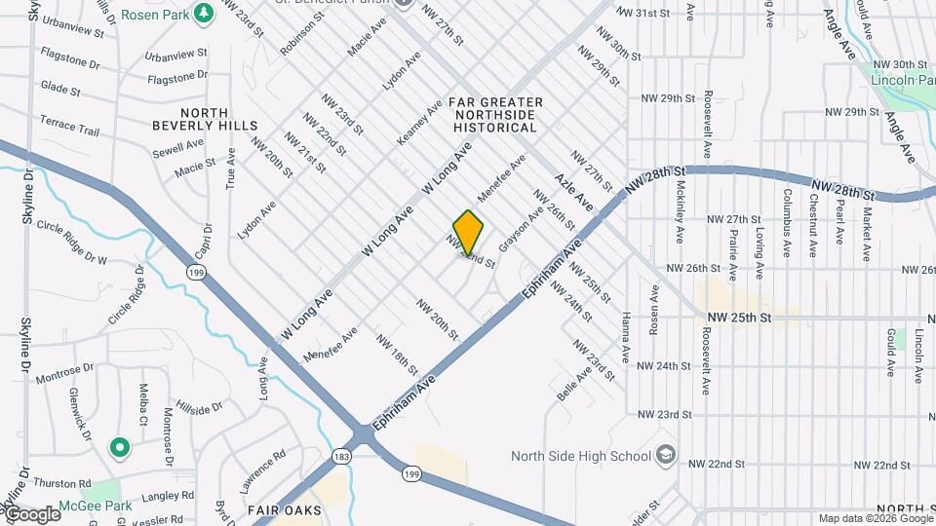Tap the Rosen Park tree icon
click(204, 15)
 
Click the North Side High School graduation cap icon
click(665, 455)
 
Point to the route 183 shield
click(340, 455)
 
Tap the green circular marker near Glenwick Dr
click(120, 448)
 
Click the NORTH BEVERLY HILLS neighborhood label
click(205, 119)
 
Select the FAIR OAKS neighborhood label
click(279, 509)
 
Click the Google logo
click(32, 514)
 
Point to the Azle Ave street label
click(573, 190)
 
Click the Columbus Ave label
click(785, 235)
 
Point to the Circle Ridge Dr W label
click(70, 243)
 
